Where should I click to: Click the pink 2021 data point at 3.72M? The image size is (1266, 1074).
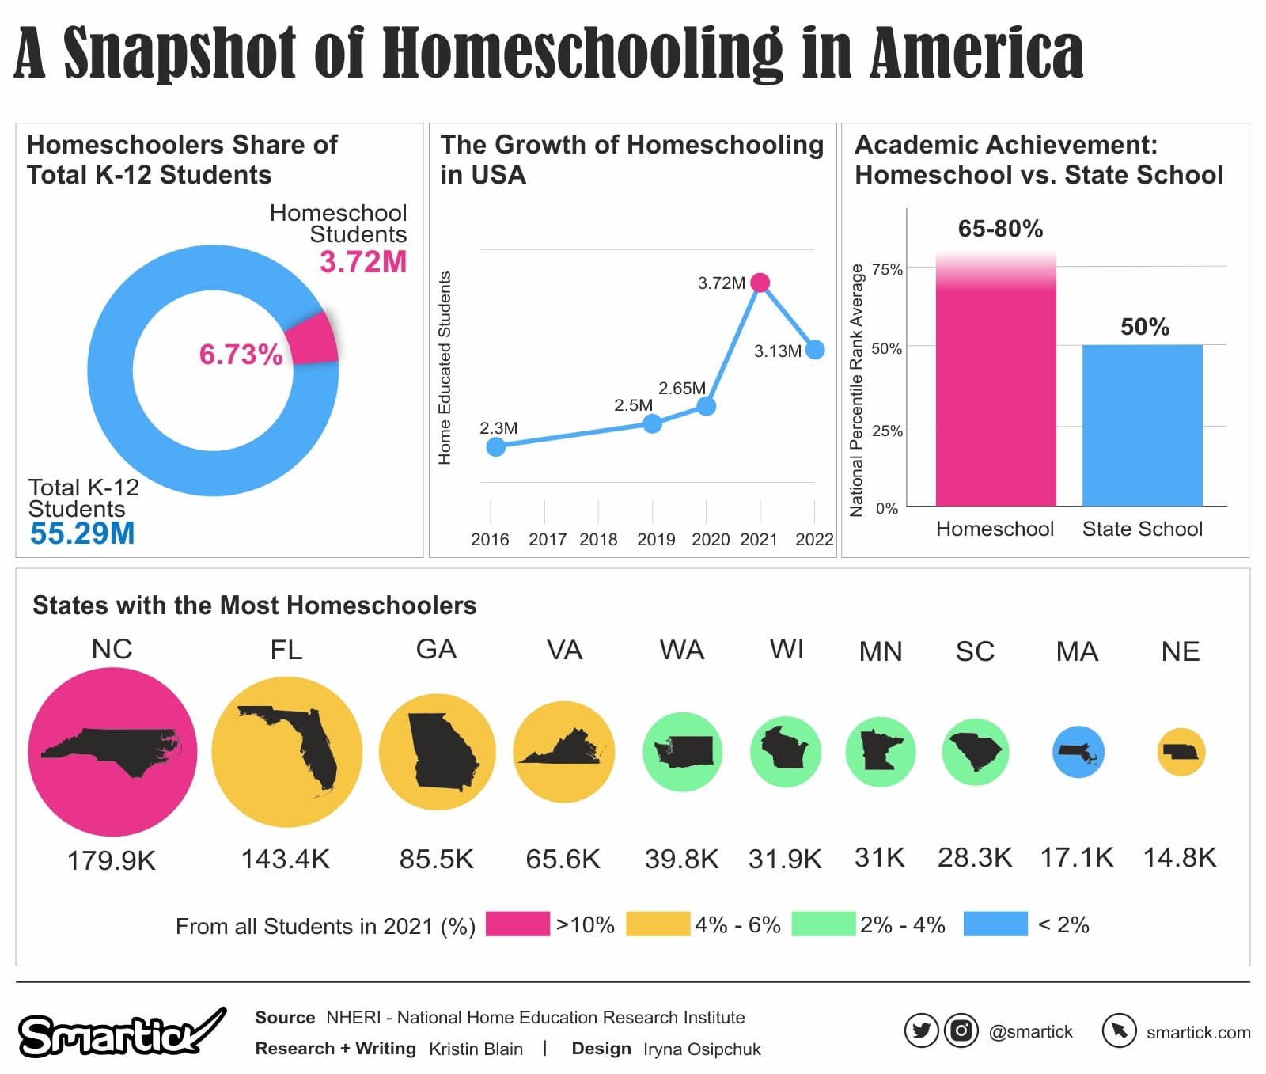pos(760,283)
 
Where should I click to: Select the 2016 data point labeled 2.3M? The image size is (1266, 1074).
pos(495,447)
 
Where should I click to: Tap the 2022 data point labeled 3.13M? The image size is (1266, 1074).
pos(814,349)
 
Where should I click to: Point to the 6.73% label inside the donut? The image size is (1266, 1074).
pos(241,355)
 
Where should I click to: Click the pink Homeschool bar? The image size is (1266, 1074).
pos(995,396)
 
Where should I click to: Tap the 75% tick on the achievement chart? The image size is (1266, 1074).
pos(887,270)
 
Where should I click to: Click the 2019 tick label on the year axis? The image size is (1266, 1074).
pos(656,540)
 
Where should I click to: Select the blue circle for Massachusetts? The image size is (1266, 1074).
pos(1078,752)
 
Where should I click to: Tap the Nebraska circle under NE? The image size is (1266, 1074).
pos(1181,752)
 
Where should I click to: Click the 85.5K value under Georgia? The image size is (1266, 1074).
pos(436,859)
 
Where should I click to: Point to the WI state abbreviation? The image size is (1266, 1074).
pos(786,650)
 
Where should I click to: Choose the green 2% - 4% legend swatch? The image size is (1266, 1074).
pos(823,924)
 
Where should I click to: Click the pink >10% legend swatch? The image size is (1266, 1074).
pos(517,924)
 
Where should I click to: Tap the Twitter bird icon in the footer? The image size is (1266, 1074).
pos(921,1031)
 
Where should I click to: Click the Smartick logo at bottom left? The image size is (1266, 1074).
pos(119,1034)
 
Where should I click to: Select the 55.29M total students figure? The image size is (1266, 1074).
pos(82,533)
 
